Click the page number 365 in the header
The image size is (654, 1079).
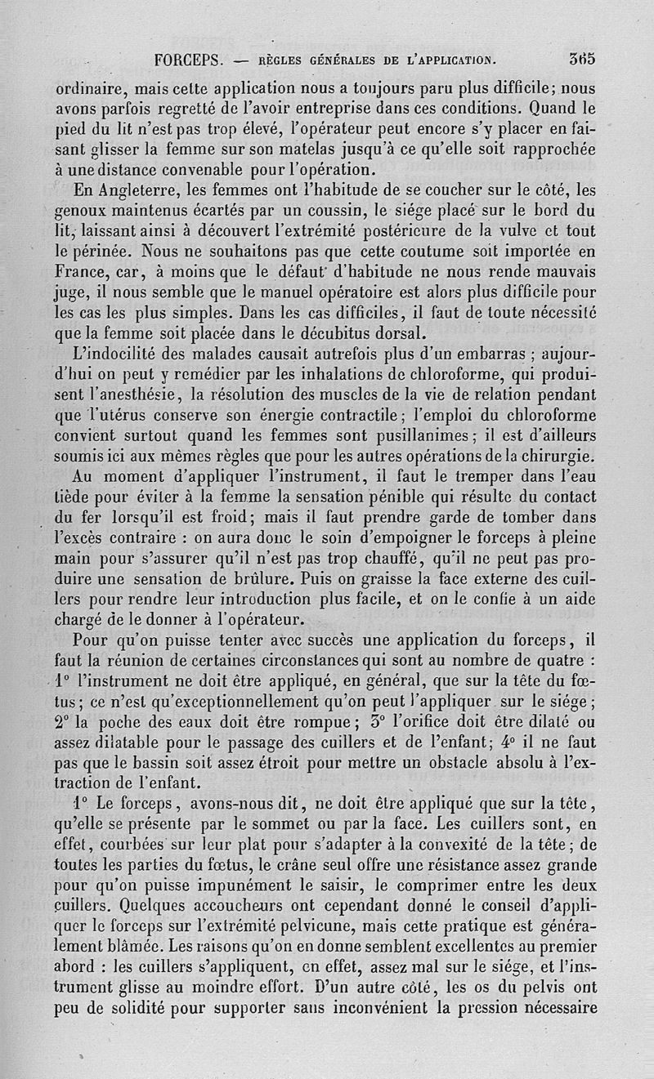tap(582, 59)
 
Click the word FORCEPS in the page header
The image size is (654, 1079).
tap(194, 60)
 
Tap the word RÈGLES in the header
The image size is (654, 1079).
tap(285, 60)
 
